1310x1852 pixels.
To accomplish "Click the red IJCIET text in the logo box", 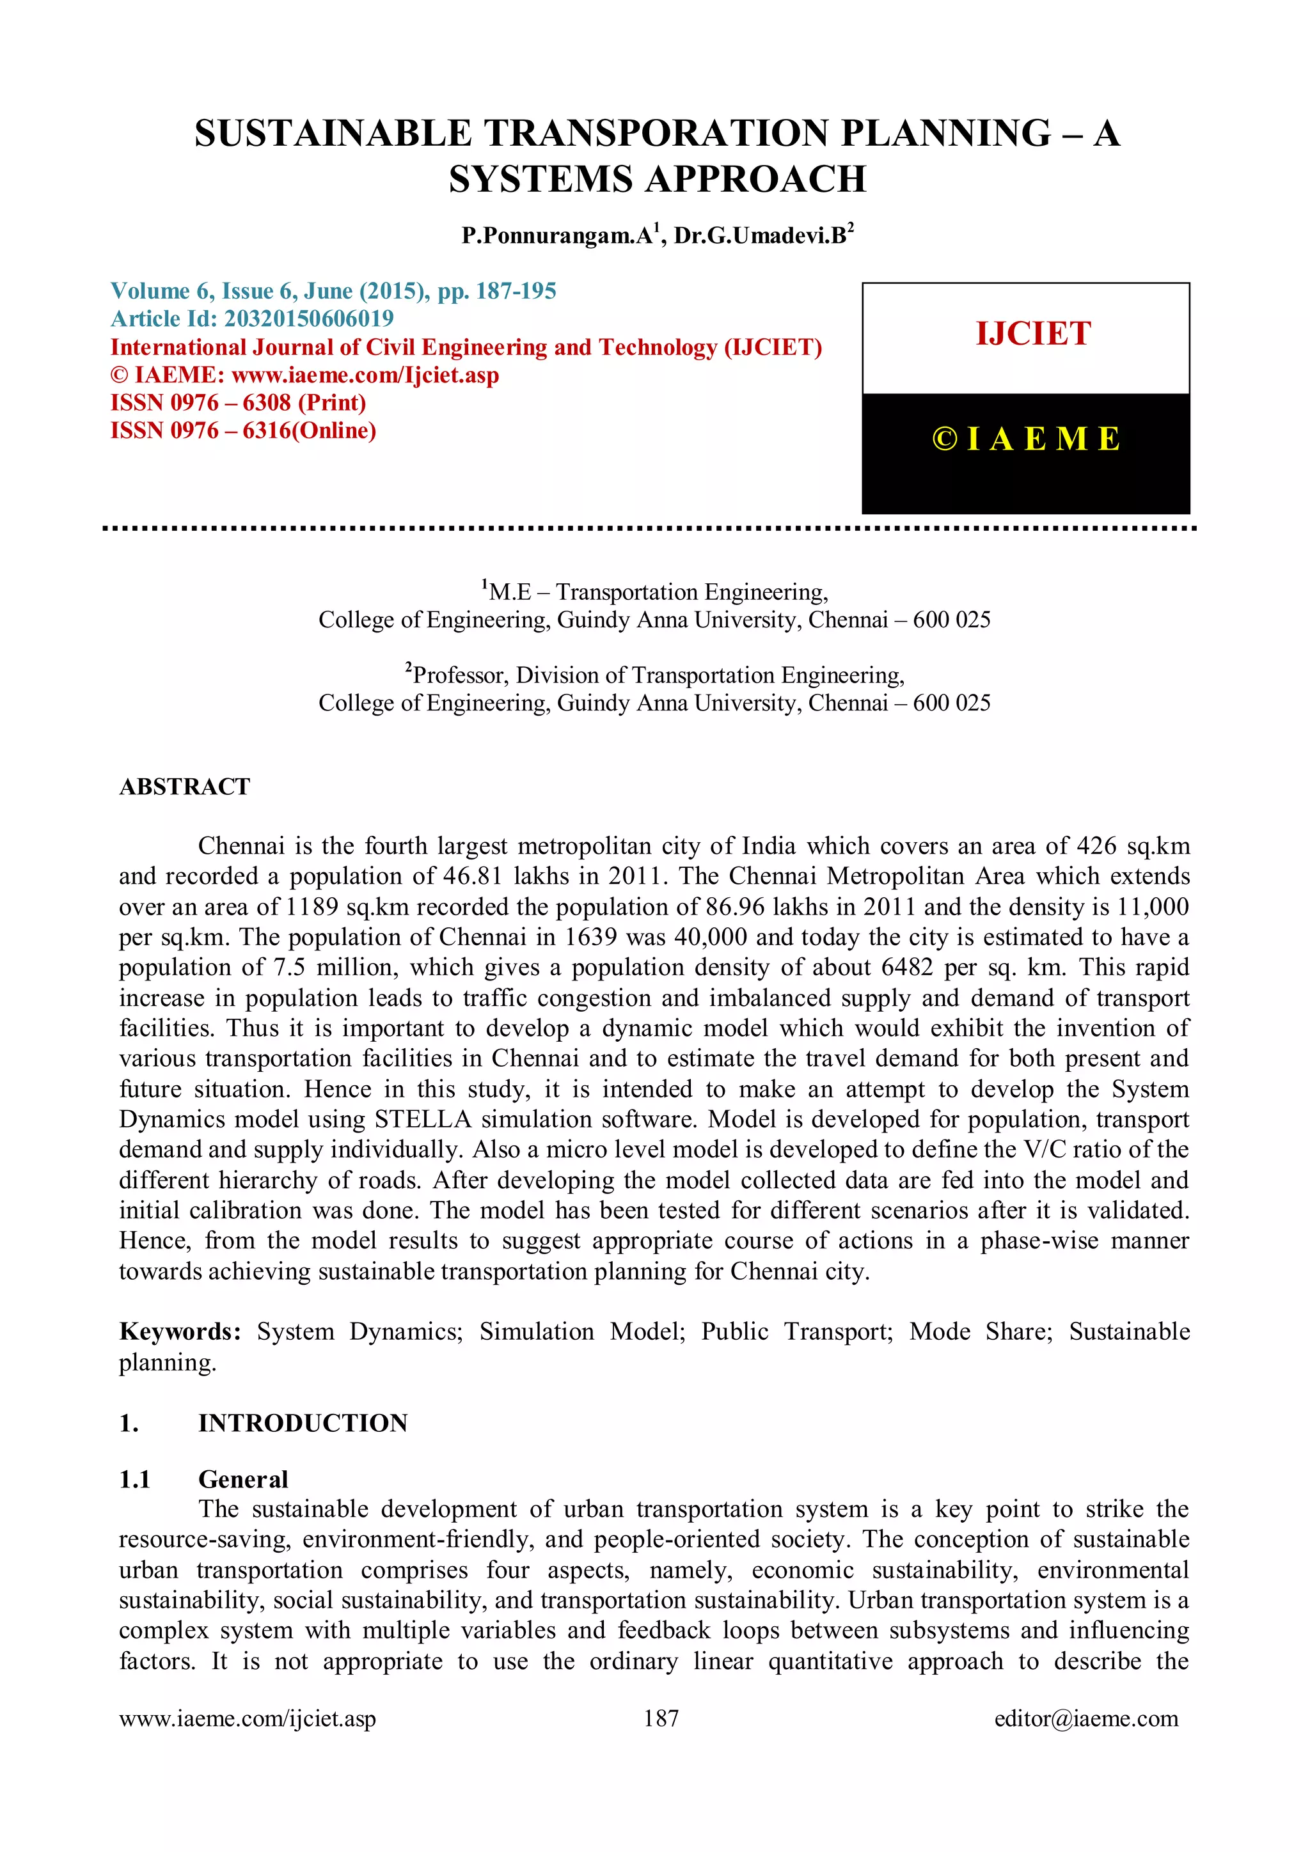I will point(1032,334).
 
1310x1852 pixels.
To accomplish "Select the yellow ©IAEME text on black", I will point(1026,439).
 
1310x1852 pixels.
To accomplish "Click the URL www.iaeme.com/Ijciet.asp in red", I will point(365,375).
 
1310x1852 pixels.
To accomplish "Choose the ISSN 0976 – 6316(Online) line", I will point(243,431).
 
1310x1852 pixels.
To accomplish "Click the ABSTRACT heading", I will point(185,787).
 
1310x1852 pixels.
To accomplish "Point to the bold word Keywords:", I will point(180,1331).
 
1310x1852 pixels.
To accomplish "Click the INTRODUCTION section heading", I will point(303,1423).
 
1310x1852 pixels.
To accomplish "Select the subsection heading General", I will point(243,1479).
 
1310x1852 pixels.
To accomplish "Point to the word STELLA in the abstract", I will point(423,1120).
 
